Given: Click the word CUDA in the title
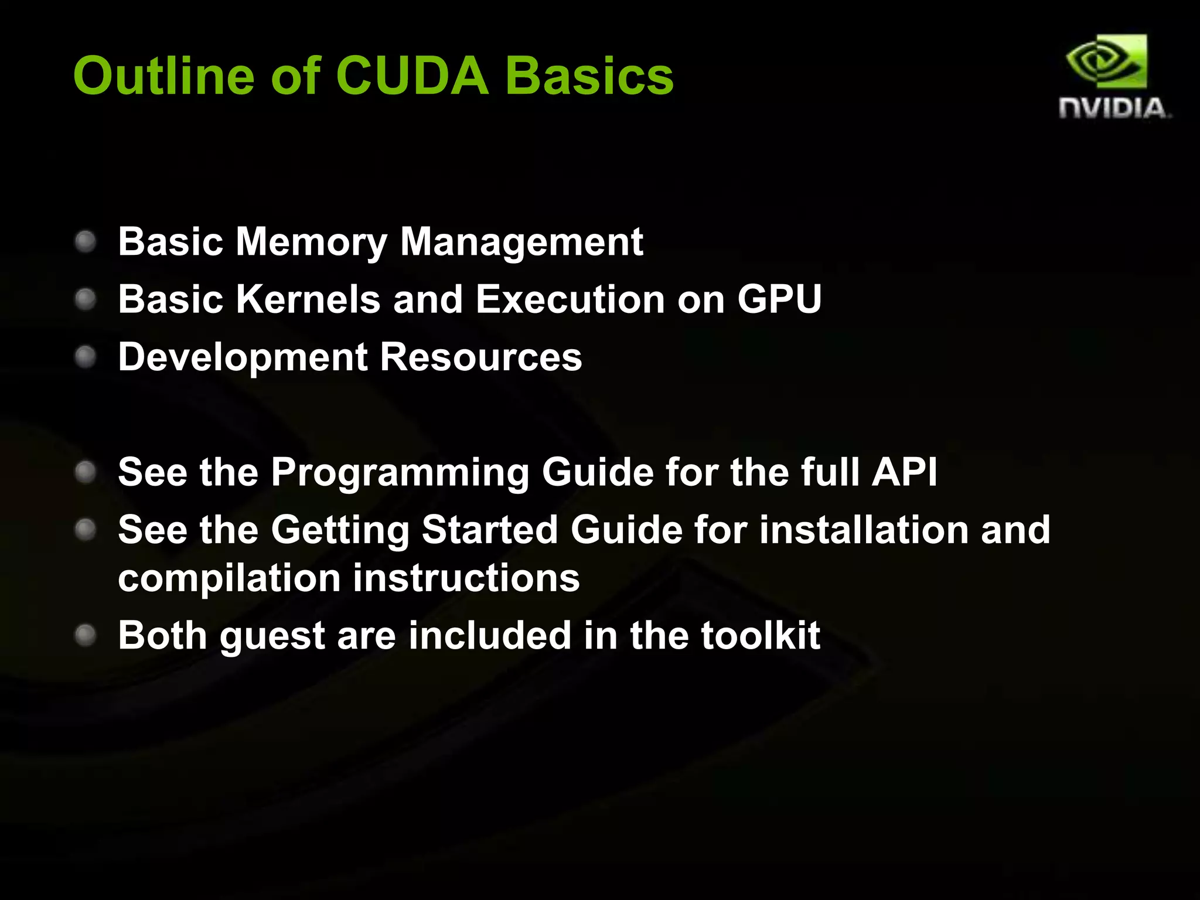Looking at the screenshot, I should click(x=412, y=76).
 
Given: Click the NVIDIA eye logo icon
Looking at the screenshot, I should click(x=1106, y=62).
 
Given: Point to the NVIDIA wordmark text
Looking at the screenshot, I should click(x=1113, y=109).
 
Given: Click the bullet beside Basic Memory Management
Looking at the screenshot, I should click(x=86, y=241).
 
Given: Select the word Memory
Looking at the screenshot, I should click(x=311, y=243).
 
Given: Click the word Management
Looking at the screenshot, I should click(x=521, y=243).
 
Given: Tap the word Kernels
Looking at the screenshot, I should click(x=308, y=299).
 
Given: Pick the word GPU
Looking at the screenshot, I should click(x=779, y=299).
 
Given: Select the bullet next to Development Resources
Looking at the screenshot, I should click(x=86, y=356).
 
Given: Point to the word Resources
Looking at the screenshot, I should click(x=481, y=357).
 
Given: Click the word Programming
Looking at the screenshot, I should click(x=400, y=472).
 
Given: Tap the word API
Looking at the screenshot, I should click(x=905, y=472).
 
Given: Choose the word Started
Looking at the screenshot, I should click(x=489, y=530).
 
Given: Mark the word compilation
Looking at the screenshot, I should click(x=229, y=579).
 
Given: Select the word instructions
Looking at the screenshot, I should click(x=466, y=578).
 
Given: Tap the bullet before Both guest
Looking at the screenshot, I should click(x=86, y=635).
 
